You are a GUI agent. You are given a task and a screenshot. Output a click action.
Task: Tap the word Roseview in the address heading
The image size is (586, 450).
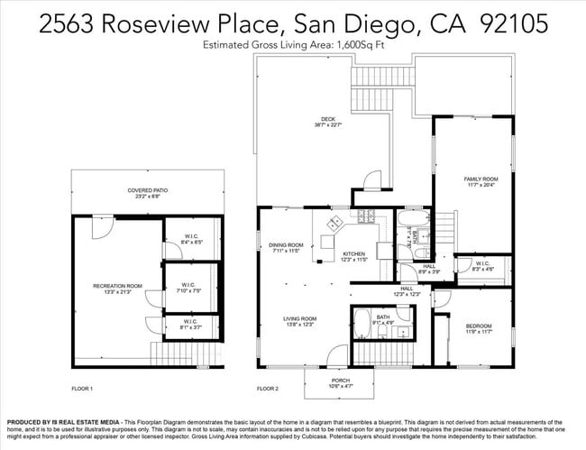[158, 23]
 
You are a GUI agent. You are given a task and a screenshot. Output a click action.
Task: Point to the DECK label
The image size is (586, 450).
[328, 120]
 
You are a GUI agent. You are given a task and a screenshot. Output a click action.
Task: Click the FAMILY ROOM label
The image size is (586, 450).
[480, 179]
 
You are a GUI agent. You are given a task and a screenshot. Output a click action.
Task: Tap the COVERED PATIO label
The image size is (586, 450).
[148, 190]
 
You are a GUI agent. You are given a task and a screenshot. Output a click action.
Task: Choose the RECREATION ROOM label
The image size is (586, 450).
[117, 286]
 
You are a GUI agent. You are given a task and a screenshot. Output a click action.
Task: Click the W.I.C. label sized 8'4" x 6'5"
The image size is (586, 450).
[190, 237]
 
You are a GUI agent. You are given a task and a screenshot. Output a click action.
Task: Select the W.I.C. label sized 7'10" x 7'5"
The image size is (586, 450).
[190, 288]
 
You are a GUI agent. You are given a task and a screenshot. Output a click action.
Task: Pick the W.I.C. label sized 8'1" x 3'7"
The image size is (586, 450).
[190, 322]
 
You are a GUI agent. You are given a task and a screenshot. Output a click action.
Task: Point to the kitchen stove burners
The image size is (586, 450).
[366, 216]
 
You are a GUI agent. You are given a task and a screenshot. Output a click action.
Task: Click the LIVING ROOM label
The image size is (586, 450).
[300, 319]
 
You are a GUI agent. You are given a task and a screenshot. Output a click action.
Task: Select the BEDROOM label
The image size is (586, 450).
[479, 326]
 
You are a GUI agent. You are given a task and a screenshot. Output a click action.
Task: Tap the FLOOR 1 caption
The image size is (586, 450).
[82, 389]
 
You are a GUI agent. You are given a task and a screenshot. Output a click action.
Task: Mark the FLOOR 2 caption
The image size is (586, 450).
[268, 389]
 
